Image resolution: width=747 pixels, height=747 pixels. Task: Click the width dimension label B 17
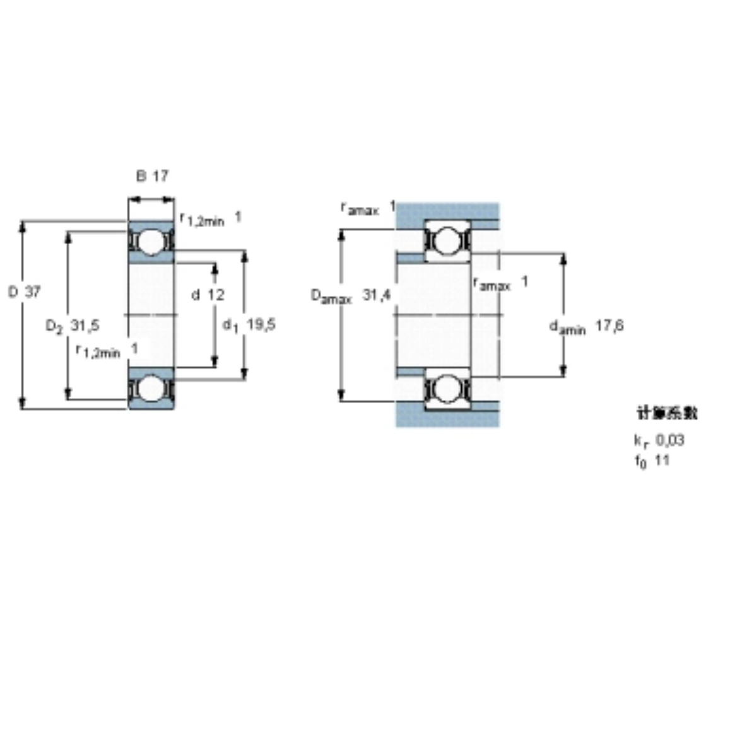(x=153, y=175)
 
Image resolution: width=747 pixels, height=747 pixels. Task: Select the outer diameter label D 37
(x=24, y=292)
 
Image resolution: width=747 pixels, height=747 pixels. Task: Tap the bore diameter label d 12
(x=208, y=295)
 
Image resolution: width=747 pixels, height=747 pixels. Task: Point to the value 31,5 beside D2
(x=85, y=326)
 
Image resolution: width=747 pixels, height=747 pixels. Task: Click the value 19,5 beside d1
(x=261, y=325)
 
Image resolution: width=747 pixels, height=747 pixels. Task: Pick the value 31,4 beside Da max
(x=377, y=294)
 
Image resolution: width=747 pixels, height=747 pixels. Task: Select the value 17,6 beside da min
(x=609, y=326)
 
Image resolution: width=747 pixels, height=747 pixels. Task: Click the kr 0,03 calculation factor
(x=659, y=440)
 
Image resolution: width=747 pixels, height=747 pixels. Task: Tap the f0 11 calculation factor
(x=652, y=461)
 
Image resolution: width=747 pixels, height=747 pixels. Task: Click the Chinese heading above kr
(x=667, y=414)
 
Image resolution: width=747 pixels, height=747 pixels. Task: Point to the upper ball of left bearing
(x=151, y=242)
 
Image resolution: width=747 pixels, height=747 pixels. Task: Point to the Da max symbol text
(x=331, y=296)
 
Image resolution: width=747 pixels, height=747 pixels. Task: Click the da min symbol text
(x=567, y=327)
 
